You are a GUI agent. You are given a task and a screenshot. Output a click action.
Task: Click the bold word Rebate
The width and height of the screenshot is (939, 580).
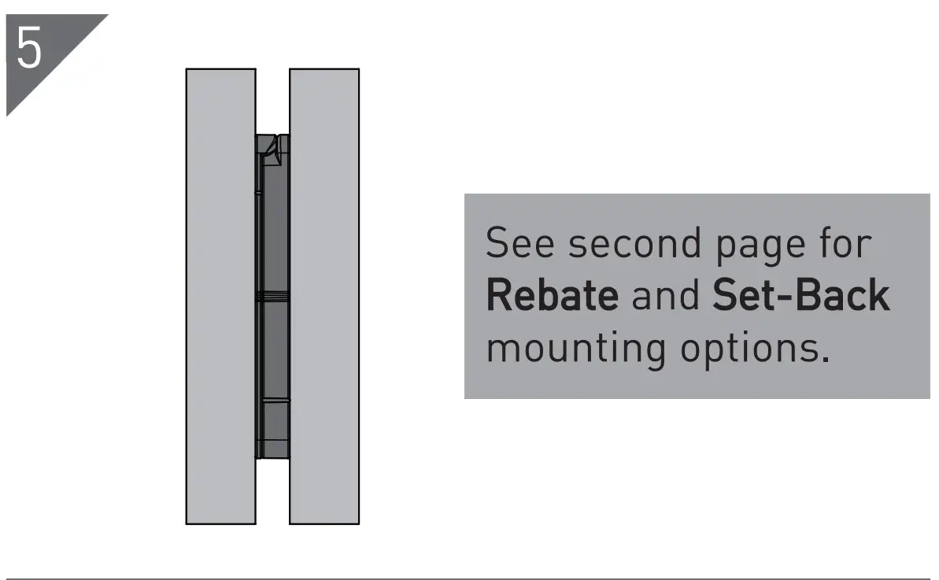pos(552,296)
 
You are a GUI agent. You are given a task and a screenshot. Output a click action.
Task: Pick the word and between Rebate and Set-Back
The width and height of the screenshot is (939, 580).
pos(665,296)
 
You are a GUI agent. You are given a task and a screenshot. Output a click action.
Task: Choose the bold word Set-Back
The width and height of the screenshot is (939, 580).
pos(800,296)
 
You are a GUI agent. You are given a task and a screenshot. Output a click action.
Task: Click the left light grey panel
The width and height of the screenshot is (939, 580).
pos(220,296)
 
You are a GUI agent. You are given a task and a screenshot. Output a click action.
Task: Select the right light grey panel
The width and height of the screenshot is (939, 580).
pos(324,296)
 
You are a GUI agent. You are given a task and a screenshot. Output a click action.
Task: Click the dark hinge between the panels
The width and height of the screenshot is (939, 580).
pos(273,315)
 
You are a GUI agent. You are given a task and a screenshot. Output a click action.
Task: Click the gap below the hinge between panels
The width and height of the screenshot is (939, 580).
pos(272,492)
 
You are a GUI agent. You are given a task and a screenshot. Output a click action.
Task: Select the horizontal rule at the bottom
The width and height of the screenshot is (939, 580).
pos(469,579)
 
